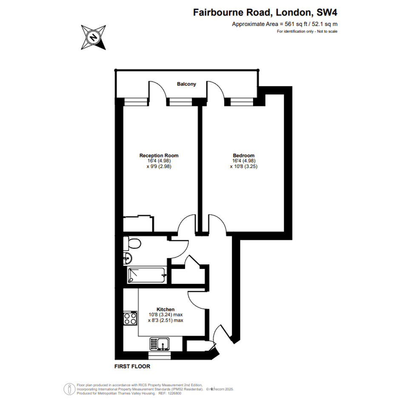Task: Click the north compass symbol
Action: tap(93, 37)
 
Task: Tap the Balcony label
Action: tap(186, 84)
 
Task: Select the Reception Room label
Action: tap(159, 155)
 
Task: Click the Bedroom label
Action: tap(244, 155)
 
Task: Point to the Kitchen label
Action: tap(165, 309)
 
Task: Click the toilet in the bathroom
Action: tap(132, 243)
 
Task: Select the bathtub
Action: tap(147, 275)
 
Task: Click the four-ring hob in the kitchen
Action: tap(130, 319)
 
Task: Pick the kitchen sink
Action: tap(160, 344)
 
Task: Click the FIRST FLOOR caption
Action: tap(132, 367)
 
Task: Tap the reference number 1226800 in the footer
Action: tap(174, 393)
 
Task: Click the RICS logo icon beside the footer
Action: tap(69, 389)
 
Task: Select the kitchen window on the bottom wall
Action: tap(160, 356)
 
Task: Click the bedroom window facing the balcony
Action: tap(242, 102)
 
